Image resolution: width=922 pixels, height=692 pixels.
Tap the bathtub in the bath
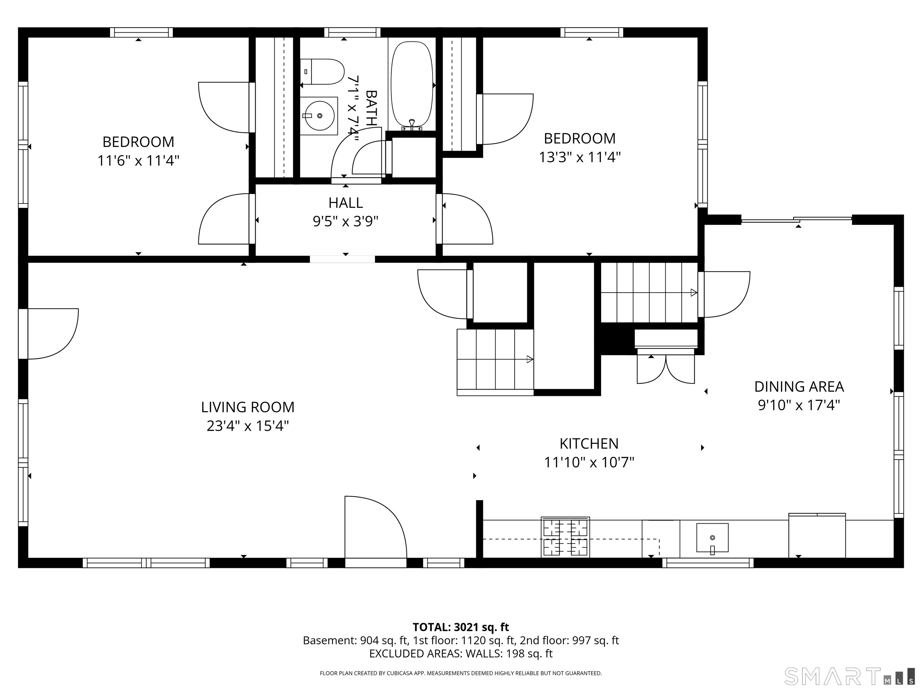coord(412,84)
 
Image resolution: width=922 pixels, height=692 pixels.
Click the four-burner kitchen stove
coord(565,536)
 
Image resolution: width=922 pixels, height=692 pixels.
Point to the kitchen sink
coord(712,538)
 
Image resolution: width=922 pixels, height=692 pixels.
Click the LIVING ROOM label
coord(248,407)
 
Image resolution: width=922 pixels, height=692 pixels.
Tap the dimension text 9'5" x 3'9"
coord(345,221)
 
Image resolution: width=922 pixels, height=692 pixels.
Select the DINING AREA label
coord(799,387)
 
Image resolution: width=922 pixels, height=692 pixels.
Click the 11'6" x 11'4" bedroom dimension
coord(138,161)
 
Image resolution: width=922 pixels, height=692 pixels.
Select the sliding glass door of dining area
coord(796,220)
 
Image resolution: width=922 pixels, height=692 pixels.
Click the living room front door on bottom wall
coord(375,562)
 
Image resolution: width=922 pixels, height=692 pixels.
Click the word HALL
coord(345,203)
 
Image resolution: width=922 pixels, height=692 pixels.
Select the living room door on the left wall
coord(23,334)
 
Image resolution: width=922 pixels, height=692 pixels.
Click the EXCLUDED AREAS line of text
coord(461,654)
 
